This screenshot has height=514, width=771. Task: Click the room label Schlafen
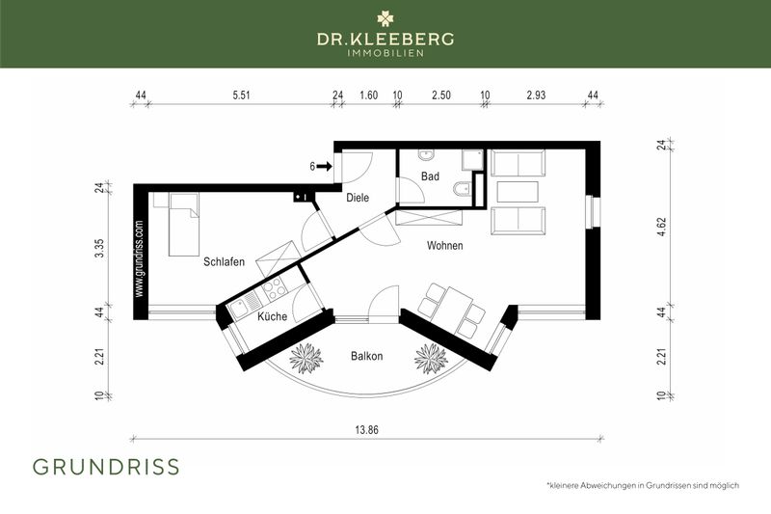(224, 261)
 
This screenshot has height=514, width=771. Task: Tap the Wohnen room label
(445, 246)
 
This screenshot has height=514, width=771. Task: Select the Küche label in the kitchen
(272, 316)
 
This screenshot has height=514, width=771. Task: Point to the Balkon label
(366, 356)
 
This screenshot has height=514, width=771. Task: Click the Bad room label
(431, 176)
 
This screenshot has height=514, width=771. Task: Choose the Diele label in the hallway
(358, 198)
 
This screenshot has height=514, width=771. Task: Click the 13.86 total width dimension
(367, 428)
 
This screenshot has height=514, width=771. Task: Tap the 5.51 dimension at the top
(241, 95)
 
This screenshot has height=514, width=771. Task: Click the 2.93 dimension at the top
(536, 95)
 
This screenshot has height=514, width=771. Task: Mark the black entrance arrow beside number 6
(325, 166)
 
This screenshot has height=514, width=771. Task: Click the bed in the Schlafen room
(182, 224)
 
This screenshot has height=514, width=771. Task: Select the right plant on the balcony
(430, 358)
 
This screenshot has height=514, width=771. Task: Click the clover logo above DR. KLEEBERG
(385, 16)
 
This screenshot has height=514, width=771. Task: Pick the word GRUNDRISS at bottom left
(106, 467)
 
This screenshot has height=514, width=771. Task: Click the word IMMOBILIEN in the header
(385, 52)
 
